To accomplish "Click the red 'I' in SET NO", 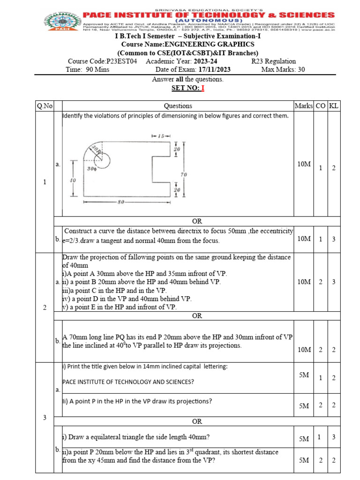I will (203, 88).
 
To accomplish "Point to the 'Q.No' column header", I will (44, 106).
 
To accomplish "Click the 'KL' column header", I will (334, 106).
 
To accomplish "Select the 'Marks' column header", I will (303, 106).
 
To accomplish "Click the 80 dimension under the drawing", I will (120, 202).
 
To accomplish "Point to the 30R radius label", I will (96, 150).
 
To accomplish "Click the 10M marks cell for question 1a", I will (304, 165).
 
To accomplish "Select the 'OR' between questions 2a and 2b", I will (197, 316).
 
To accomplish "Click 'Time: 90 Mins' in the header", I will (88, 70).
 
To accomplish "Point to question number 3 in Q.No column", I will (44, 418).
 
